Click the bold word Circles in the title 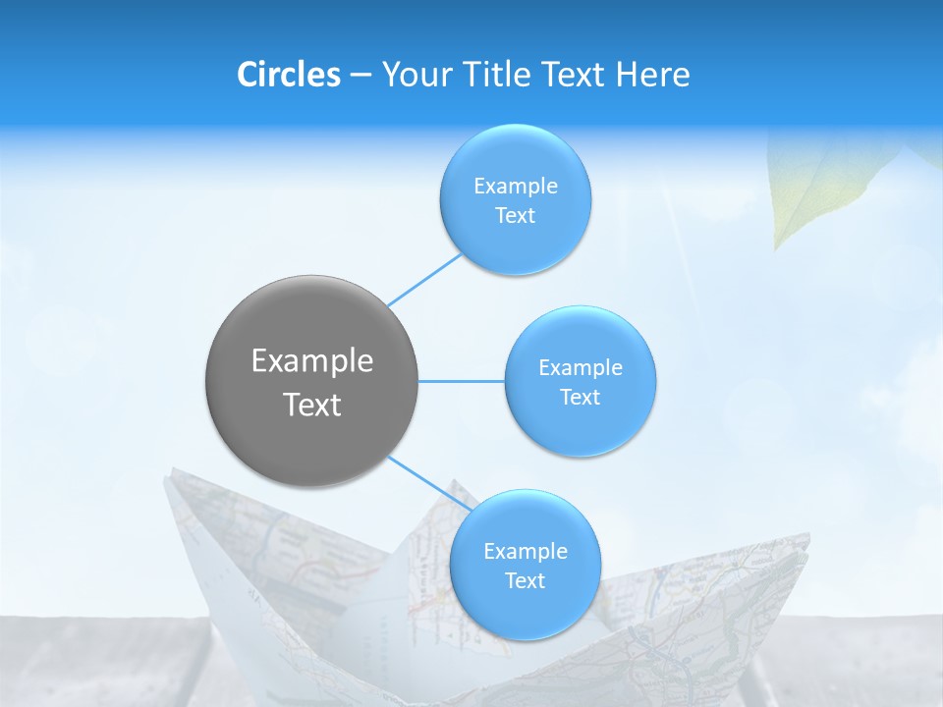pyautogui.click(x=289, y=75)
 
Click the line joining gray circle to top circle pyautogui.click(x=424, y=280)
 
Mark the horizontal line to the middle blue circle pyautogui.click(x=462, y=381)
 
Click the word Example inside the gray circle pyautogui.click(x=312, y=361)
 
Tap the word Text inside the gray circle pyautogui.click(x=312, y=405)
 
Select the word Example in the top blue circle pyautogui.click(x=516, y=187)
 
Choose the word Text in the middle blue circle pyautogui.click(x=581, y=397)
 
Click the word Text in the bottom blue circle pyautogui.click(x=525, y=580)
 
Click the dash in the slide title pyautogui.click(x=361, y=76)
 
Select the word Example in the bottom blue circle pyautogui.click(x=526, y=551)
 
